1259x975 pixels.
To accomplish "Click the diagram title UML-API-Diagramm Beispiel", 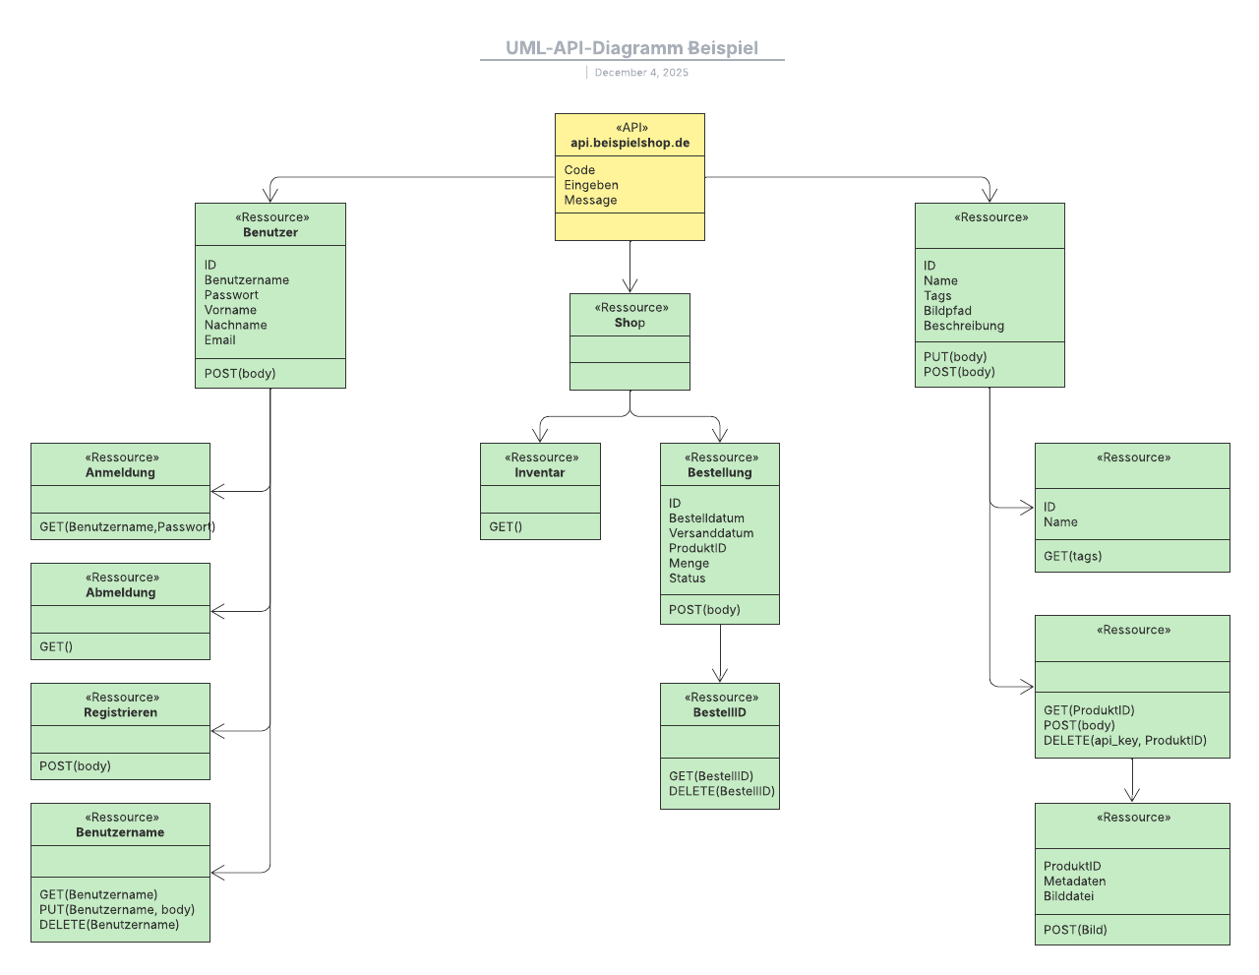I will coord(631,48).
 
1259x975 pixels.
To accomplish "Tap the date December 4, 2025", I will coord(641,73).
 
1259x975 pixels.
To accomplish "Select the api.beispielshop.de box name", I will coord(629,143).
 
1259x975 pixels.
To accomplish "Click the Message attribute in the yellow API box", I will coord(590,200).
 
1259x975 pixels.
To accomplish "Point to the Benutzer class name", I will coord(270,233).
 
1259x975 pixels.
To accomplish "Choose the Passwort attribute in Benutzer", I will coord(231,295).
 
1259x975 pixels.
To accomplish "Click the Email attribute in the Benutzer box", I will coord(220,340).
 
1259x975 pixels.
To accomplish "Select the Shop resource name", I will coord(629,323).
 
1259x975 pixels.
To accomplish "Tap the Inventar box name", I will coord(540,473).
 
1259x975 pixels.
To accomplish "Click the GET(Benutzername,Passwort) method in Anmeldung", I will coord(127,527).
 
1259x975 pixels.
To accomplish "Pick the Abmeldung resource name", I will coord(120,593).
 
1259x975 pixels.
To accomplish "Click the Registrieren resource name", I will coord(120,713).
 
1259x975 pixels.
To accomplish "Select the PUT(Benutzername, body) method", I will coord(117,910).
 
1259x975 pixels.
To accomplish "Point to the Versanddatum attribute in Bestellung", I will coord(711,533).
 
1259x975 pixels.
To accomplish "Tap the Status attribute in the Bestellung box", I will coord(687,579).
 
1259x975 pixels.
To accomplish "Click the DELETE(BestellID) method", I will coord(722,791).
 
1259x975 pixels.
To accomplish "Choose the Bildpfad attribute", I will coord(947,311).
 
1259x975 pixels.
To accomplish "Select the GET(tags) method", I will coord(1072,556).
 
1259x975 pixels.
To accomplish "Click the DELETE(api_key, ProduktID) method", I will coord(1124,741).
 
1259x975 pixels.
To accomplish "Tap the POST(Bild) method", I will coord(1075,930).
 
